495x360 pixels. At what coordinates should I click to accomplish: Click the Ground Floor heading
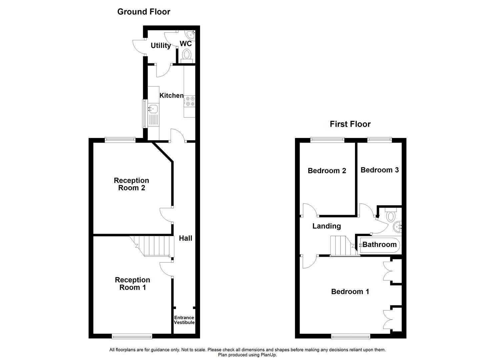144,12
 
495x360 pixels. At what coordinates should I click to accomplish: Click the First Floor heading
350,124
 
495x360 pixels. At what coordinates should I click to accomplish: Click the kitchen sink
154,109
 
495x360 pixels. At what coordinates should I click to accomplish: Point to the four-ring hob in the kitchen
190,101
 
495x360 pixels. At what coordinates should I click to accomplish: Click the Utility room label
161,46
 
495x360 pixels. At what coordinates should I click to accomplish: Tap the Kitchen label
171,96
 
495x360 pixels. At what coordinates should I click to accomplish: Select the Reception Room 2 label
131,184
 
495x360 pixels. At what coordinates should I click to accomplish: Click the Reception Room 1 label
132,284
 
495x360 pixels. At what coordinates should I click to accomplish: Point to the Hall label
186,238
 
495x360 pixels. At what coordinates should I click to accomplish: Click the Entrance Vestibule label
184,320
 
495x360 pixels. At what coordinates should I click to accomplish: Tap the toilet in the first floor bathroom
391,216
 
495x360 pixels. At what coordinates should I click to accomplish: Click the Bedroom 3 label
379,170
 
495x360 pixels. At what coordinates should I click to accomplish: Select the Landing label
326,226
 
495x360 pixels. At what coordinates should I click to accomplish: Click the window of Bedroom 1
350,336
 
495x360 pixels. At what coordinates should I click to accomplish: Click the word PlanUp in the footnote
268,355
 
